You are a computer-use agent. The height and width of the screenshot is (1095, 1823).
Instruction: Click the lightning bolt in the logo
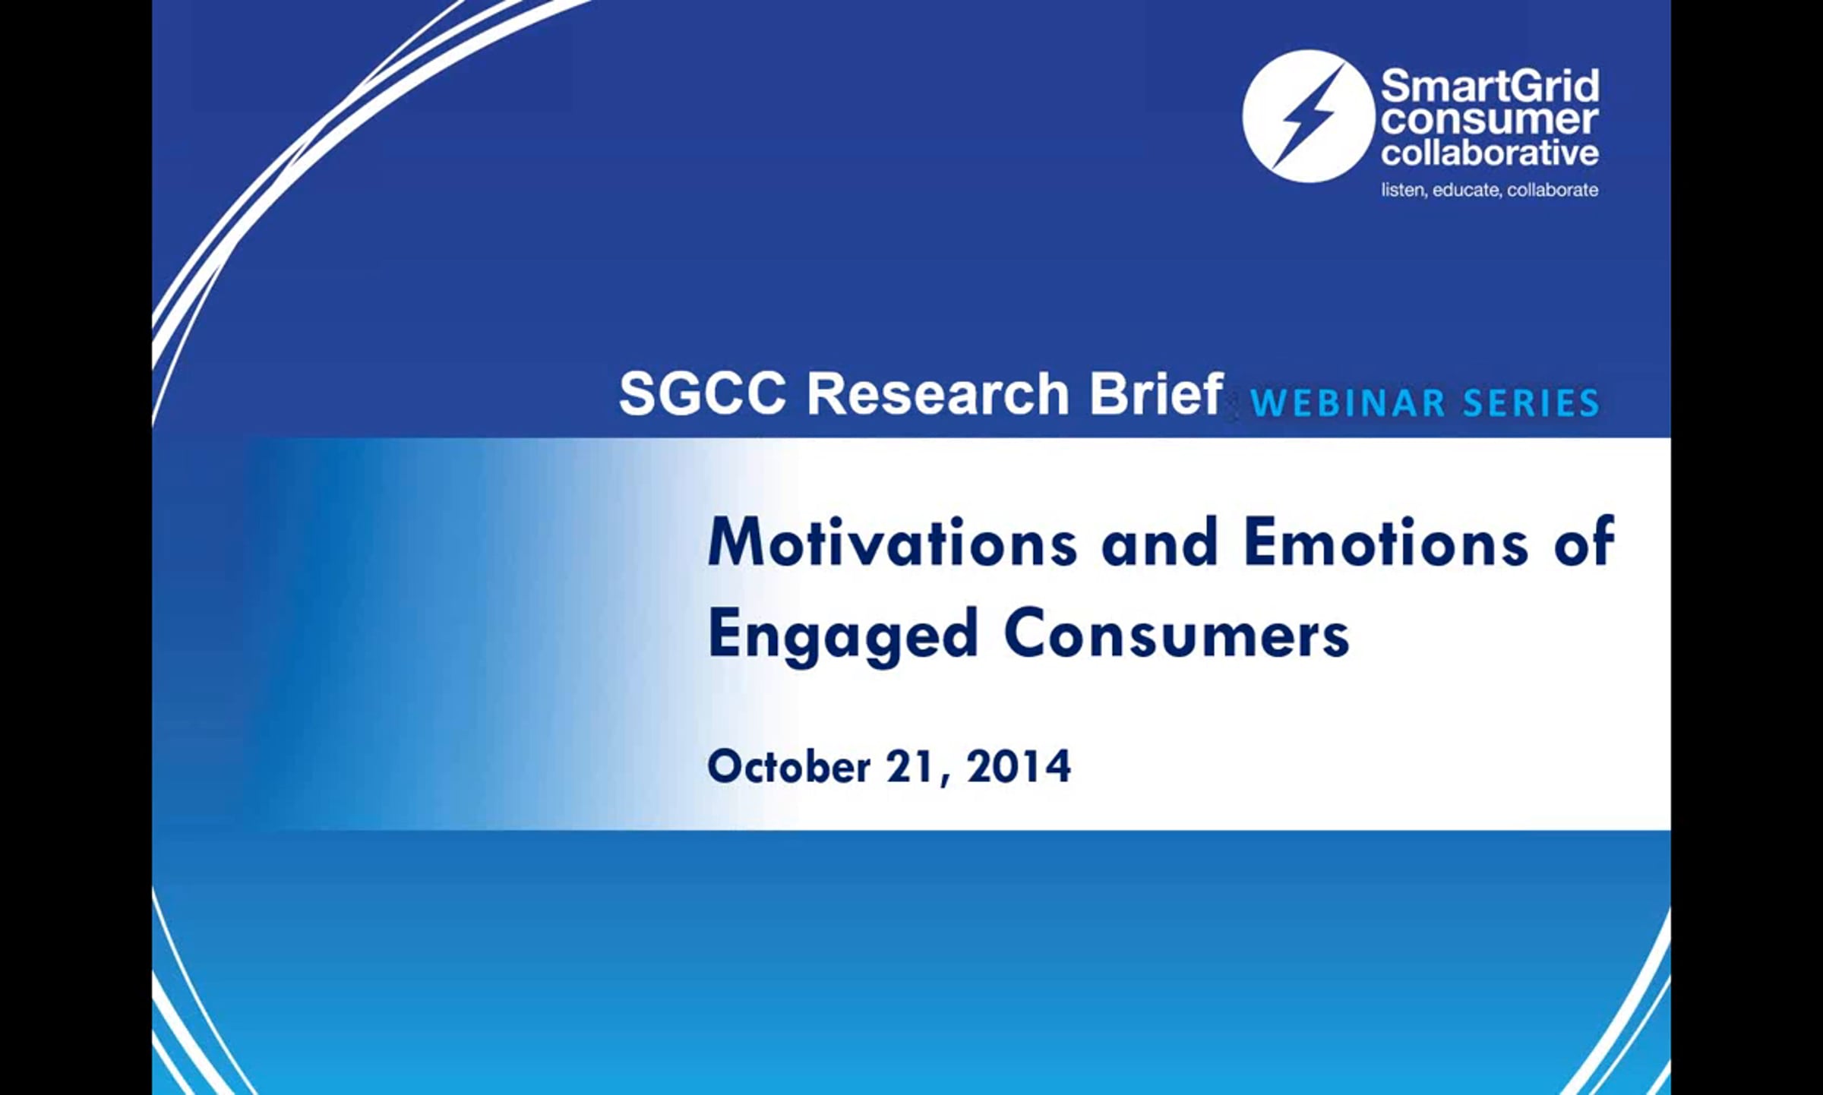coord(1309,116)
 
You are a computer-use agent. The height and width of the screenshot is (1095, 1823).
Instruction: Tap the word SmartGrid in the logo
coord(1490,87)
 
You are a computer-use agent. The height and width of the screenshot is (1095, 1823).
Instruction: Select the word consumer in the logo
coord(1489,120)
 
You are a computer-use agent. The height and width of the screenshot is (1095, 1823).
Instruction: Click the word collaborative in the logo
coord(1490,152)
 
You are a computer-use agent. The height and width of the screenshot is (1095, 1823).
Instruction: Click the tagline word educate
coord(1466,190)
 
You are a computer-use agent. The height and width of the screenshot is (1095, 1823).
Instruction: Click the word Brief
coord(1156,393)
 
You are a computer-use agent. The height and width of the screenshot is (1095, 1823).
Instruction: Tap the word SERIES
coord(1531,403)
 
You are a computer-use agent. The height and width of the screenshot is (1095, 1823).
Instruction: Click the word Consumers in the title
coord(1177,634)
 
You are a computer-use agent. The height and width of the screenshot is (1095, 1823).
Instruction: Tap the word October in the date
coord(788,766)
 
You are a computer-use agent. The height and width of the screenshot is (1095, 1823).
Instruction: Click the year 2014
coord(1019,766)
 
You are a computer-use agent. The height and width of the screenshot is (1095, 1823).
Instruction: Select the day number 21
coord(911,766)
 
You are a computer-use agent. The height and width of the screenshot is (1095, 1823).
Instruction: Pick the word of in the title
coord(1584,542)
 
